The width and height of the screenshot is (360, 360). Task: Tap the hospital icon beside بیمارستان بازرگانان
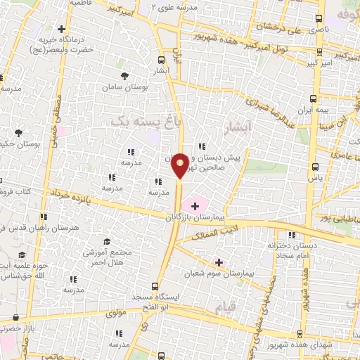click(194, 205)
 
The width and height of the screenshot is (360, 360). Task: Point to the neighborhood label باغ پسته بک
click(141, 122)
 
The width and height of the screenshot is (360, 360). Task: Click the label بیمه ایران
click(323, 111)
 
